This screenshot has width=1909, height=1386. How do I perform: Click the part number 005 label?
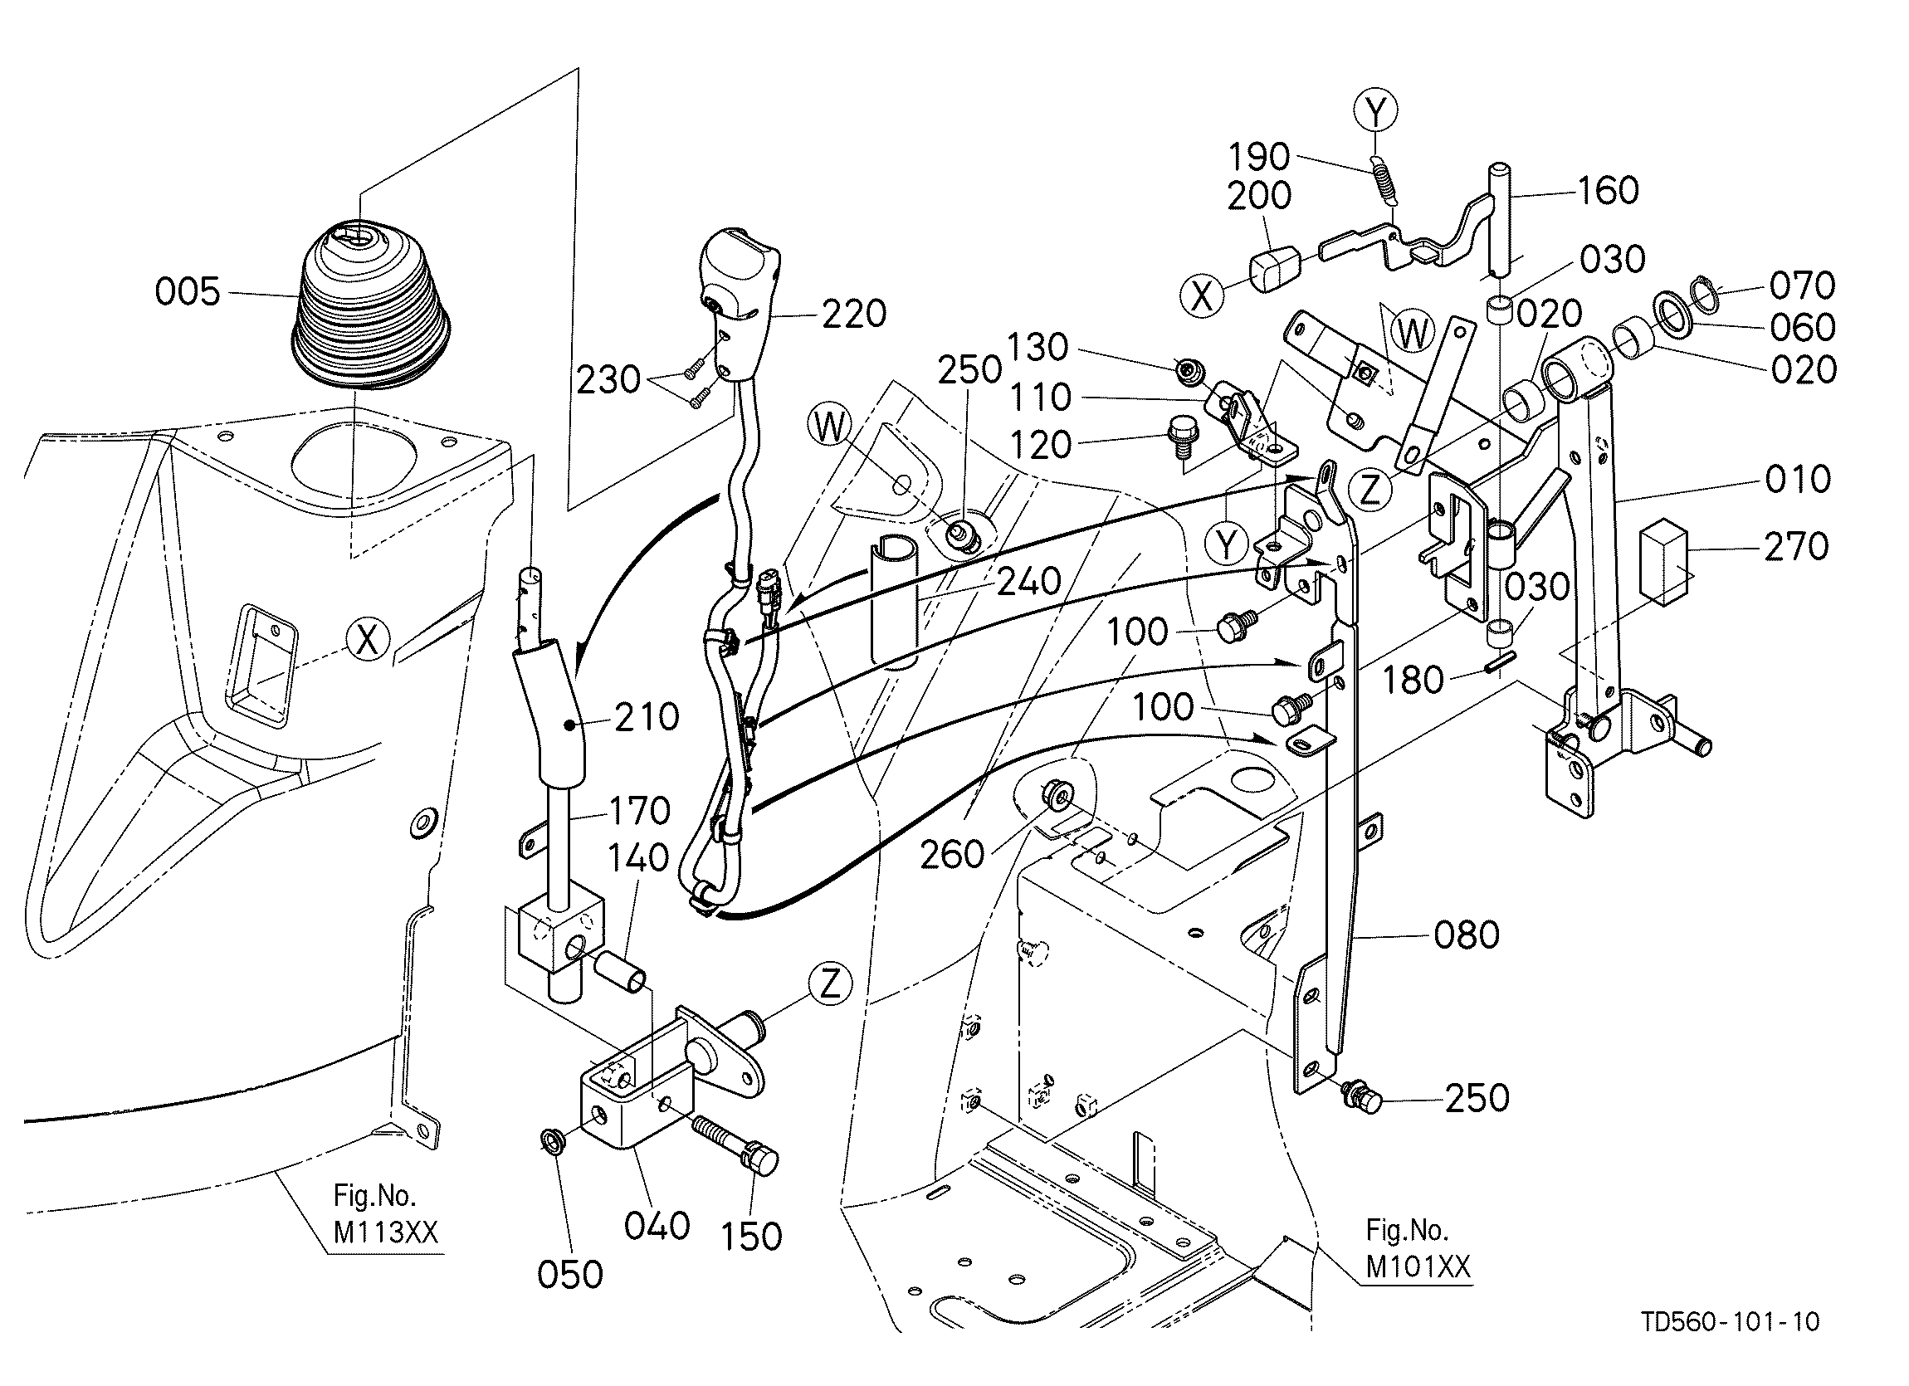[187, 292]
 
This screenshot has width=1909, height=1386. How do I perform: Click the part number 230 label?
[608, 380]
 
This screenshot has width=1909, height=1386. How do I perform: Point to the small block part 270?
[1666, 561]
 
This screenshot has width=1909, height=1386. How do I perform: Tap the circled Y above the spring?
[1376, 110]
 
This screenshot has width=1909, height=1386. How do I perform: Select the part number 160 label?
[1608, 191]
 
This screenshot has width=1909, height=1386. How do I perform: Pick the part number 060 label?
[1802, 327]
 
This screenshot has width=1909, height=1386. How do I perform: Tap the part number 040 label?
[657, 1226]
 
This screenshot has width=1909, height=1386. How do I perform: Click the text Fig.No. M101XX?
[1418, 1249]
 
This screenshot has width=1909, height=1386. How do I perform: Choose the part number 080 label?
[1467, 935]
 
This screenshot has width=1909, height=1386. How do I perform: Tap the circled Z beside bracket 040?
[831, 983]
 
